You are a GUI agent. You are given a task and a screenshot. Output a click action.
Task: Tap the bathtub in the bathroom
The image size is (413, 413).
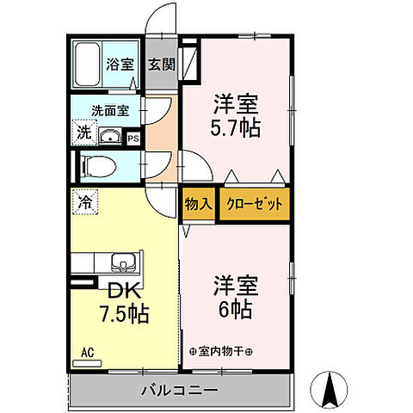pos(86,64)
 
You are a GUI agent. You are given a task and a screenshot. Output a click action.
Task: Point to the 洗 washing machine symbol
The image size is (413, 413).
pos(83,133)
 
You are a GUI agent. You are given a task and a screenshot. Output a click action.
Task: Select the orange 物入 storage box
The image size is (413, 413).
pos(197,206)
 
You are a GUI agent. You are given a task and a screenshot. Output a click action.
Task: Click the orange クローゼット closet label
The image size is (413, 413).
pos(254,206)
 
